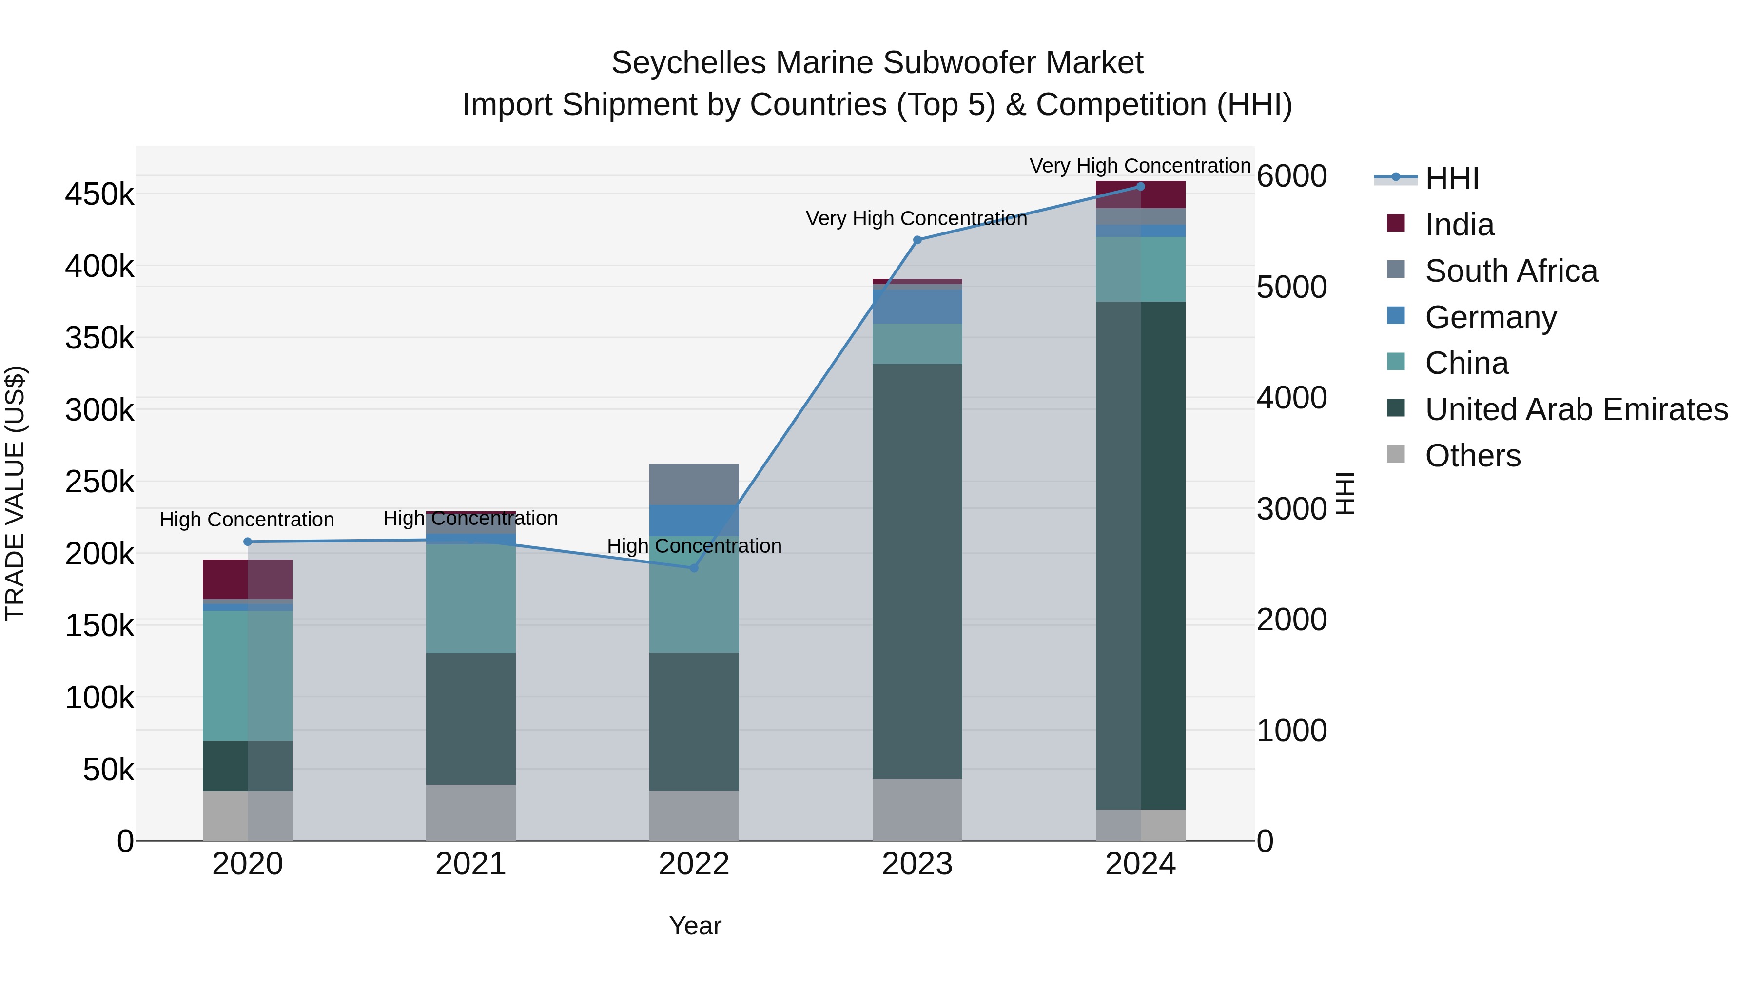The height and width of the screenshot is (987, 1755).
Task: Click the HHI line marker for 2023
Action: tap(917, 240)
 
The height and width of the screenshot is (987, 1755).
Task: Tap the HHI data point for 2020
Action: tap(247, 542)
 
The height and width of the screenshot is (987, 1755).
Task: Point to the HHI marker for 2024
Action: tap(1140, 187)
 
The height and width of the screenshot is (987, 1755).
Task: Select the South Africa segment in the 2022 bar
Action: tap(694, 484)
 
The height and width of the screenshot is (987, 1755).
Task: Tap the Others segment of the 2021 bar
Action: tap(471, 812)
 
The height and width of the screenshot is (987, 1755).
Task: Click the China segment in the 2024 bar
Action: tap(1140, 269)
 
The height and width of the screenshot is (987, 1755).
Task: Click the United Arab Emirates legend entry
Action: tap(1576, 409)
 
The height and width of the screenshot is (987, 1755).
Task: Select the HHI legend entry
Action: tap(1451, 178)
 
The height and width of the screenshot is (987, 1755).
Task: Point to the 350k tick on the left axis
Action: tap(99, 338)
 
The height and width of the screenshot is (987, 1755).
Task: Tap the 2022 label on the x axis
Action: tap(694, 864)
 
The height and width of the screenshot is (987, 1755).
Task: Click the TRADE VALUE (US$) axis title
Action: tap(15, 493)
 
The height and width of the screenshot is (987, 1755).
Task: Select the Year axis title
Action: tap(695, 926)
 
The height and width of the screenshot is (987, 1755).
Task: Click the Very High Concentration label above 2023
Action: tap(916, 219)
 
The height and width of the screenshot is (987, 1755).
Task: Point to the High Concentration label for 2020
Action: tap(247, 520)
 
